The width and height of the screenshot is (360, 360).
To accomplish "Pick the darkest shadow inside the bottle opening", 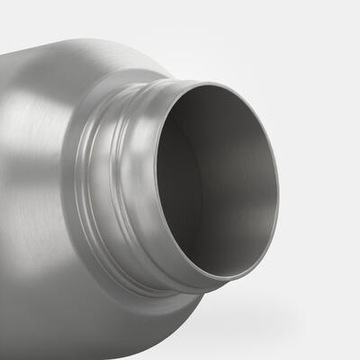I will pyautogui.click(x=180, y=170).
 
